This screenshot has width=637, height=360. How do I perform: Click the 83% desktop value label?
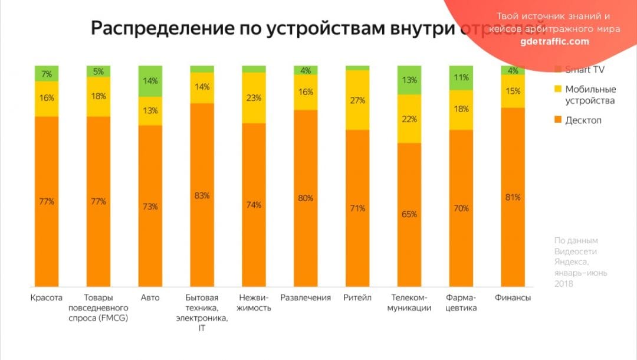pyautogui.click(x=202, y=195)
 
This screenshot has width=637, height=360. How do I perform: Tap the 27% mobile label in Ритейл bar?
pyautogui.click(x=357, y=100)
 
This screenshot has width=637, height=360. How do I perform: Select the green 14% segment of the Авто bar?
pyautogui.click(x=150, y=81)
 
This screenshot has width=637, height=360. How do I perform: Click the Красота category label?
pyautogui.click(x=46, y=297)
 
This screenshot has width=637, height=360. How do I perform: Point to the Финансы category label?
pyautogui.click(x=513, y=297)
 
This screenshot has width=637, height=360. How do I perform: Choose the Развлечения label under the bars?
pyautogui.click(x=305, y=297)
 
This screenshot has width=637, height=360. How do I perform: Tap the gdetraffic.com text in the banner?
pyautogui.click(x=554, y=41)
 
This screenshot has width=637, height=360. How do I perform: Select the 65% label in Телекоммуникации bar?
pyautogui.click(x=409, y=214)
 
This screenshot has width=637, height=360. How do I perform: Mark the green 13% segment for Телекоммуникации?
pyautogui.click(x=409, y=80)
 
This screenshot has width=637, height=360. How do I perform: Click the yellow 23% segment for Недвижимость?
pyautogui.click(x=254, y=99)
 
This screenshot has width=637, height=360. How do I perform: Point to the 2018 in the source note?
pyautogui.click(x=564, y=284)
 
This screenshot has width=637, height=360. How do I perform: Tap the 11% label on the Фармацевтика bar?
pyautogui.click(x=461, y=77)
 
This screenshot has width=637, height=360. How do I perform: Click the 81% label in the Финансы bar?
pyautogui.click(x=513, y=198)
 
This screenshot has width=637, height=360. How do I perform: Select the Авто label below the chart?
pyautogui.click(x=150, y=297)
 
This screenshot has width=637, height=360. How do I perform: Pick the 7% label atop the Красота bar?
pyautogui.click(x=47, y=73)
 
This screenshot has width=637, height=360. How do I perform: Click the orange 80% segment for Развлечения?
pyautogui.click(x=306, y=198)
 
